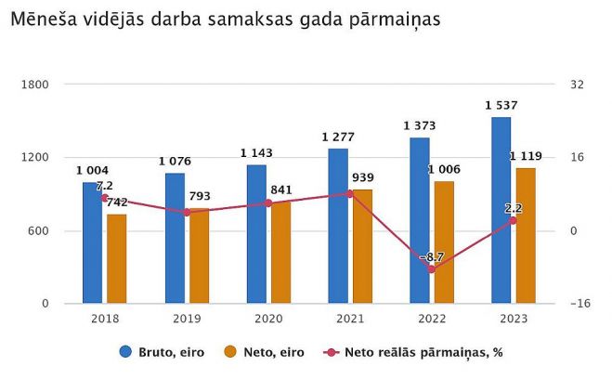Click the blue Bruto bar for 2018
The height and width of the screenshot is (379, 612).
92,242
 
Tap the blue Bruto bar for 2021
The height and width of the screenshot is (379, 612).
337,226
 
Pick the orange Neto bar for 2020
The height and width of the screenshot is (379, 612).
280,252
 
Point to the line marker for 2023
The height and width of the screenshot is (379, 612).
514,220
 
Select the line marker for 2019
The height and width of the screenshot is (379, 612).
186,212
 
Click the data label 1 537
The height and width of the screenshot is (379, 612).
501,105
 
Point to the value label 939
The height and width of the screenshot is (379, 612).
363,177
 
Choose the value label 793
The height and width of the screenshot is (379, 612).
200,196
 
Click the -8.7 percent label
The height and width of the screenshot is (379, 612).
432,256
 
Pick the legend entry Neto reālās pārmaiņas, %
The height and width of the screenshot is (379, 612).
414,352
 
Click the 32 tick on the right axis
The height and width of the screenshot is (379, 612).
577,85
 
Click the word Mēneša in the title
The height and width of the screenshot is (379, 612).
42,19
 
